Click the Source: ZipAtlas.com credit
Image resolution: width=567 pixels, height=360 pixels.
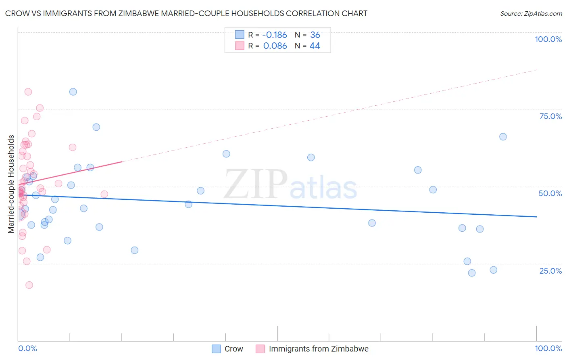[x=531, y=13]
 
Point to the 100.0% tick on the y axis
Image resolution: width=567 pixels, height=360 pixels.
[x=548, y=39]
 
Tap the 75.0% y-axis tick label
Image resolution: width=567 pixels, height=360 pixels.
[x=550, y=116]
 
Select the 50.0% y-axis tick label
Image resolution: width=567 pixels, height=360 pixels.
[x=550, y=193]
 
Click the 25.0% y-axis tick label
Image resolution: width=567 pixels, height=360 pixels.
[x=550, y=271]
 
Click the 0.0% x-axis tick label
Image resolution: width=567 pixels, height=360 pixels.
[x=27, y=348]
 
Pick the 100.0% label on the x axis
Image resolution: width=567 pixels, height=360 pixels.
[x=548, y=348]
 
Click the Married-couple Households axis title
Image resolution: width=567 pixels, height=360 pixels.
[x=11, y=184]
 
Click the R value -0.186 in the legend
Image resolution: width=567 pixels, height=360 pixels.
[x=275, y=35]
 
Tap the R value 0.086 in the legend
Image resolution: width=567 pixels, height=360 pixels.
[x=275, y=46]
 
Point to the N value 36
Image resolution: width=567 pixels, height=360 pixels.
[x=315, y=35]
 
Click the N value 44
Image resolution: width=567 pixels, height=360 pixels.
[x=315, y=46]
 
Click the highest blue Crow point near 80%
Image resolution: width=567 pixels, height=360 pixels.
[x=73, y=92]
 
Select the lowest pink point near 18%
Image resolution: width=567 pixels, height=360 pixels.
[x=29, y=285]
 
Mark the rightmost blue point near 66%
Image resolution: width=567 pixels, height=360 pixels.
[x=503, y=137]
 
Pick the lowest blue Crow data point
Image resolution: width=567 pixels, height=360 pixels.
[x=472, y=273]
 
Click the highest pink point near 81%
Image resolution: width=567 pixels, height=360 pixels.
[x=28, y=92]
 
